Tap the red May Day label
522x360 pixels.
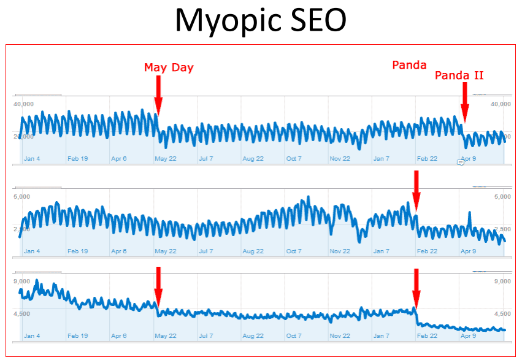169,67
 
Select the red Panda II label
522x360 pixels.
459,75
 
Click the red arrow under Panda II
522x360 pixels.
465,102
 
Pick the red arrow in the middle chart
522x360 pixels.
416,191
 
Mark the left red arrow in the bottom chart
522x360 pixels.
158,285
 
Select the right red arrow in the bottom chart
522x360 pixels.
416,287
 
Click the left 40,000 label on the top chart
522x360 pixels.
23,104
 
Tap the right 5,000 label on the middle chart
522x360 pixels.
502,197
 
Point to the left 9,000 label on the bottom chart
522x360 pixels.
21,281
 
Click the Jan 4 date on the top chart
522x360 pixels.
32,159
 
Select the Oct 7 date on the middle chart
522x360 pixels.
294,251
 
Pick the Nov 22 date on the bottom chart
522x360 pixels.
340,336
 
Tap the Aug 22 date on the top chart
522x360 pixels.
253,159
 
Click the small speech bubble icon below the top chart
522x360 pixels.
460,163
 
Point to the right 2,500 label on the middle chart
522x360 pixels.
502,229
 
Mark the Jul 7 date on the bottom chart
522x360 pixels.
205,336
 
